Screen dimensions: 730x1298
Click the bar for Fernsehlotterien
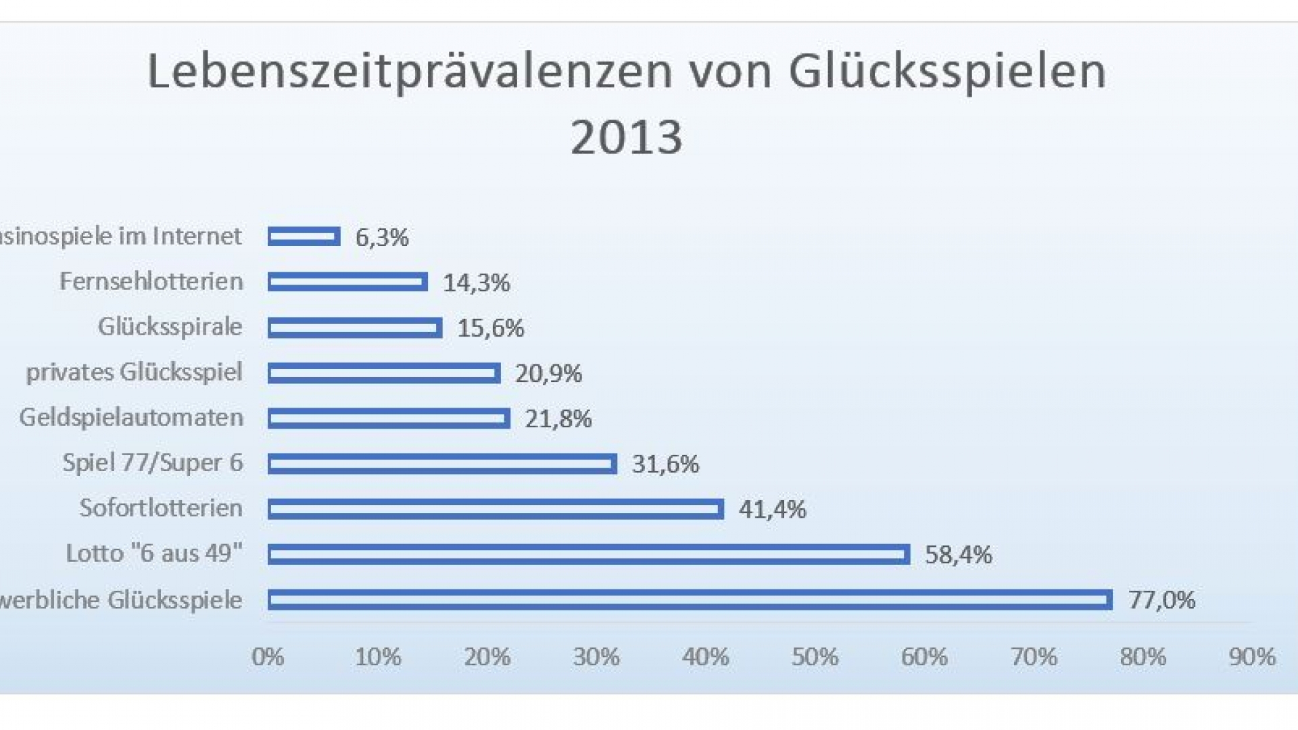[347, 282]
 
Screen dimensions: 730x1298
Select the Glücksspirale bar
[355, 328]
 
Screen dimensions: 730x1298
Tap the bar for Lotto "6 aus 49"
[588, 554]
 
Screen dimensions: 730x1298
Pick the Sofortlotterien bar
[496, 509]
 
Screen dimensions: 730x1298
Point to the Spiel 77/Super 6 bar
[442, 464]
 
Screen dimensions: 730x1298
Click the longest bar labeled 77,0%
[690, 600]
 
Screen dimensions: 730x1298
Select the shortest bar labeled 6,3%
[304, 237]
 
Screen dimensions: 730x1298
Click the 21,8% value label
[558, 419]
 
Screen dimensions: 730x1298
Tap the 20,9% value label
[548, 373]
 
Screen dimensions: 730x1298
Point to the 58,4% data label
[958, 555]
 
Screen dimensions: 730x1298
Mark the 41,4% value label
[772, 510]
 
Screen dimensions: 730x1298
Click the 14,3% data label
[476, 283]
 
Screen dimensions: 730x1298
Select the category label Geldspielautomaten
[131, 418]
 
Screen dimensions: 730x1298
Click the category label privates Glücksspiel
[134, 372]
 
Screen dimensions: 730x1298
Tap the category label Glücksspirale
[170, 326]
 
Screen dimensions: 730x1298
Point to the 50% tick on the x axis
[815, 657]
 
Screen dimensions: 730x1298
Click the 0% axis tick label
[268, 657]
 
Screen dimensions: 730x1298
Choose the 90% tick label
[1252, 657]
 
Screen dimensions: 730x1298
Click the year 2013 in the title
[626, 137]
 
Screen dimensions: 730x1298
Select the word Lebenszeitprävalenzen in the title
[410, 71]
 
